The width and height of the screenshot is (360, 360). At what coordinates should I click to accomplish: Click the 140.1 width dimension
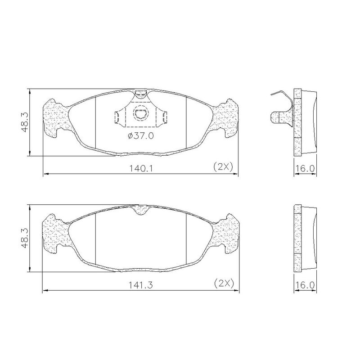[141, 169]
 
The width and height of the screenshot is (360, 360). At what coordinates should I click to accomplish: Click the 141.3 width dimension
[140, 285]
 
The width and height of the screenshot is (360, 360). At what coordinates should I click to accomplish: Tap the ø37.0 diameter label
[140, 136]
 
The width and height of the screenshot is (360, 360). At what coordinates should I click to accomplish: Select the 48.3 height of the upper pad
[25, 121]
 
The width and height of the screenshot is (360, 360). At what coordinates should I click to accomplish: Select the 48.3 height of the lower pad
[25, 238]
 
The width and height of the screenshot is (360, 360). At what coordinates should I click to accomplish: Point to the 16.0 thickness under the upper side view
[305, 168]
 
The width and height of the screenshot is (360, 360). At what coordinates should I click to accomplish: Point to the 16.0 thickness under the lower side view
[305, 285]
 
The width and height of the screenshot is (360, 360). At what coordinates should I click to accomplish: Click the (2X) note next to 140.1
[223, 166]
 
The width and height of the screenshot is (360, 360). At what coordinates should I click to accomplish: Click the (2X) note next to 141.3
[224, 283]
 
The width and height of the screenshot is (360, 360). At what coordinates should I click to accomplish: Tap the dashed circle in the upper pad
[140, 113]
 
